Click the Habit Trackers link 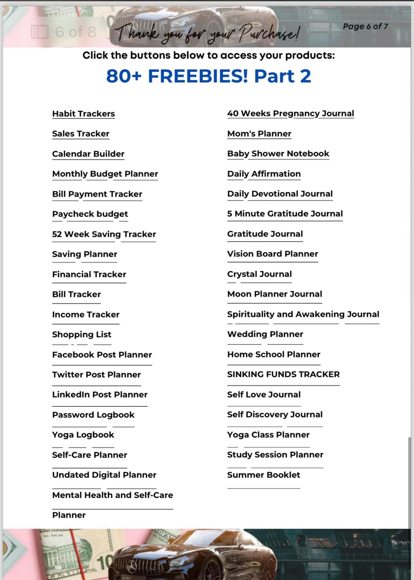83,114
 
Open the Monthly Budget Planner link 105,174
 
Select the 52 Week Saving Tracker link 104,234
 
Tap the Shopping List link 82,335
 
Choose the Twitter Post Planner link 96,375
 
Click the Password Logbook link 93,415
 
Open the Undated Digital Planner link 104,475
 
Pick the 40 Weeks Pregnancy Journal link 290,114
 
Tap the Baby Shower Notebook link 278,154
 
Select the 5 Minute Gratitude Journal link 285,214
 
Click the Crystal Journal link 259,274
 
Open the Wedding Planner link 265,334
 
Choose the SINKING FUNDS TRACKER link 283,374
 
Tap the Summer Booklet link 263,475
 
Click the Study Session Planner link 275,455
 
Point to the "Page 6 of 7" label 365,26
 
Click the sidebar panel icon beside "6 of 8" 40,32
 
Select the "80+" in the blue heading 124,76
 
